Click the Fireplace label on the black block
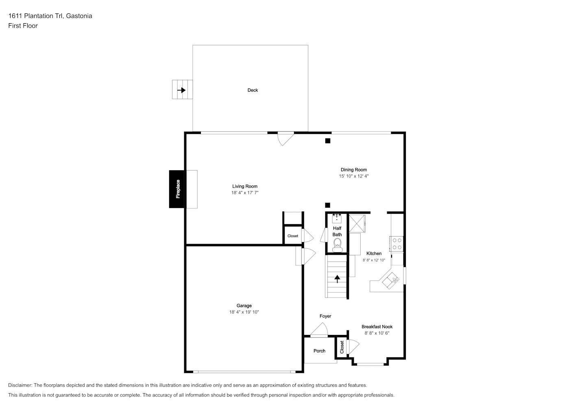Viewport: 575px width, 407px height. [178, 189]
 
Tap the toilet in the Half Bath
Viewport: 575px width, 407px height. [337, 245]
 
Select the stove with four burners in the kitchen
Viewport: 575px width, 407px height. [396, 243]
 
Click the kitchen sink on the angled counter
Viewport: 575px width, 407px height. [391, 280]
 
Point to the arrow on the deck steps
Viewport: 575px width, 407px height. [181, 90]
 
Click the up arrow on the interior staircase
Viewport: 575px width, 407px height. [337, 279]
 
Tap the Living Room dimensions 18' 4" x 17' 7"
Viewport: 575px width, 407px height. [245, 193]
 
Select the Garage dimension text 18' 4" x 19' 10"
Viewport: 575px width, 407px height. [244, 312]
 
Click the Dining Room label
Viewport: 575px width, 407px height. [354, 170]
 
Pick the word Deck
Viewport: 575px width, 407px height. [253, 90]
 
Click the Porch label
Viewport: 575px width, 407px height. [319, 351]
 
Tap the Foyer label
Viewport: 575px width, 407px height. [325, 316]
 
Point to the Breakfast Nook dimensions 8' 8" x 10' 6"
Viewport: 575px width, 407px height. [377, 333]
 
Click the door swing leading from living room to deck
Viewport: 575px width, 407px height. [285, 139]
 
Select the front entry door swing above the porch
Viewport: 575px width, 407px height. [319, 329]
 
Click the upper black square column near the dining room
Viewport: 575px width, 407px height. [327, 141]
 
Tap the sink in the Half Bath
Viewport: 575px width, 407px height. [337, 219]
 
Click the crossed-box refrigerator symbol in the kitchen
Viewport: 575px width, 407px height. [357, 223]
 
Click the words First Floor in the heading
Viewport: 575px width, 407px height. [23, 26]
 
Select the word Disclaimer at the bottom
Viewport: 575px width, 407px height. [20, 385]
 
